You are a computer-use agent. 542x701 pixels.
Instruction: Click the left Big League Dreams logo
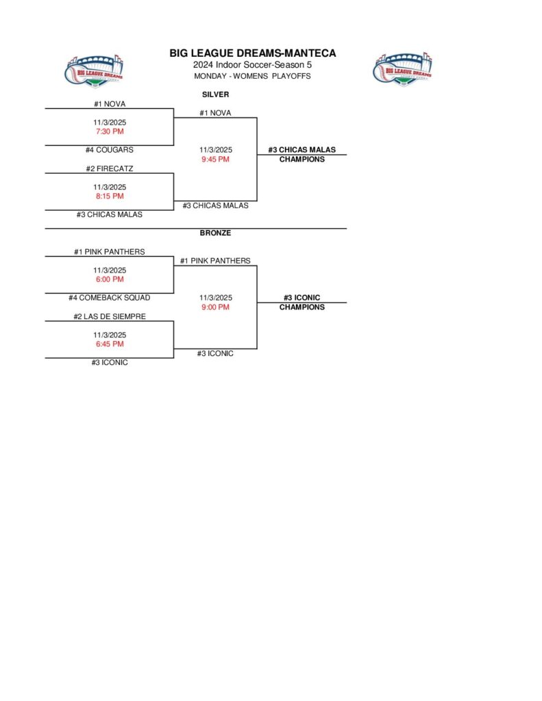pyautogui.click(x=95, y=70)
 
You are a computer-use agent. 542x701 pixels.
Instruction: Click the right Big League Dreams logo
pyautogui.click(x=403, y=70)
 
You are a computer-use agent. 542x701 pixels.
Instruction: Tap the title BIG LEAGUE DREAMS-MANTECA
pyautogui.click(x=253, y=53)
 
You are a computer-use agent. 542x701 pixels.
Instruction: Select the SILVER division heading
pyautogui.click(x=215, y=94)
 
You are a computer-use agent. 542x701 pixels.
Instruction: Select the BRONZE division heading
pyautogui.click(x=215, y=233)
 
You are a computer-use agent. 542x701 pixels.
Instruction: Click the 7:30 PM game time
pyautogui.click(x=110, y=131)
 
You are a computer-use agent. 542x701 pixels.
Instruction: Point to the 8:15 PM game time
pyautogui.click(x=110, y=196)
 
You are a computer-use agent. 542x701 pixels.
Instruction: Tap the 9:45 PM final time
pyautogui.click(x=215, y=160)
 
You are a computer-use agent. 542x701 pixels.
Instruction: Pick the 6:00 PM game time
pyautogui.click(x=110, y=279)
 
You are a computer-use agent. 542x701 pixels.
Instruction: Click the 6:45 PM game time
pyautogui.click(x=110, y=344)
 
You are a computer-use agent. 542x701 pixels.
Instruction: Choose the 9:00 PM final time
pyautogui.click(x=215, y=307)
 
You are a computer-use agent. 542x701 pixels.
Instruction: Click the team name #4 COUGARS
pyautogui.click(x=110, y=150)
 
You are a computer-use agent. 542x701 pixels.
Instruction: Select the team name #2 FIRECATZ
pyautogui.click(x=110, y=168)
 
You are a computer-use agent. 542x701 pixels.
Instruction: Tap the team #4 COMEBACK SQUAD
pyautogui.click(x=110, y=298)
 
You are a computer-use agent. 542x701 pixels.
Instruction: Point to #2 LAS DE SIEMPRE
pyautogui.click(x=110, y=316)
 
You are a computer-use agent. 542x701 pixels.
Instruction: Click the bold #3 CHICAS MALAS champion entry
pyautogui.click(x=301, y=150)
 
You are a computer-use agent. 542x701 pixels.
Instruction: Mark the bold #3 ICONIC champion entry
pyautogui.click(x=301, y=298)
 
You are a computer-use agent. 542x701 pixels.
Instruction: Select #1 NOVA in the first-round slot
pyautogui.click(x=110, y=104)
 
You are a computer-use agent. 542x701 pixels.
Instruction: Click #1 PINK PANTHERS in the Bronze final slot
pyautogui.click(x=215, y=261)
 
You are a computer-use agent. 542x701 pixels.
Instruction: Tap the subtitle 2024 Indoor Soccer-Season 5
pyautogui.click(x=253, y=65)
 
